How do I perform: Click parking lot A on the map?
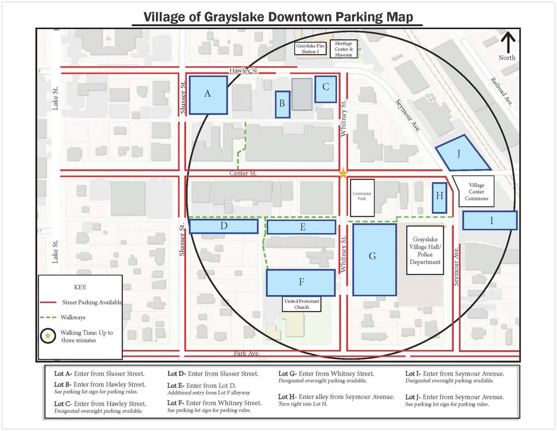coord(208,95)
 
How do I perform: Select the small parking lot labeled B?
coord(282,104)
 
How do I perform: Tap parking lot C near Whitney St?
coord(325,89)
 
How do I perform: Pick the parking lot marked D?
coord(224,226)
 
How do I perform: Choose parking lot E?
coord(301,227)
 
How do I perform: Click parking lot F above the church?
coord(301,283)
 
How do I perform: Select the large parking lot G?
coord(374,259)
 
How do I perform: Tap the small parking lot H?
coord(439,198)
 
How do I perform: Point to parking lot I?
coord(490,220)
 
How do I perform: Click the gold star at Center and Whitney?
coord(343,173)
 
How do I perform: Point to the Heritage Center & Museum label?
coord(344,49)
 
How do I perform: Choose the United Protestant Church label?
coord(302,304)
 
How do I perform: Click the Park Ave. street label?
coord(246,354)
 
